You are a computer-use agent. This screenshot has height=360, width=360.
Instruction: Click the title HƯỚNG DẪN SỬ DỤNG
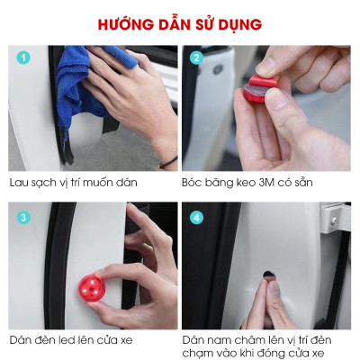pos(180,23)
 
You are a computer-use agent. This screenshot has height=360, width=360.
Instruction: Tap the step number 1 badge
pos(23,58)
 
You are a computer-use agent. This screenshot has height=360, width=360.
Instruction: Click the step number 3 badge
pos(23,216)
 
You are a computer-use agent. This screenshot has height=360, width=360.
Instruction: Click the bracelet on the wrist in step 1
pos(167,162)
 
